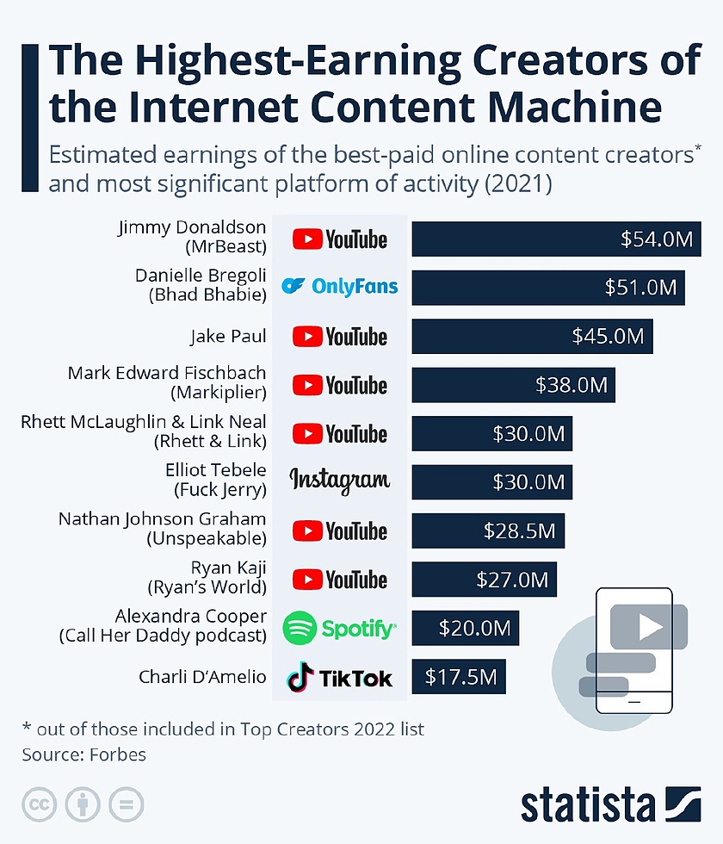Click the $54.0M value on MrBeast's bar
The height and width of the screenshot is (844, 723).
(x=657, y=239)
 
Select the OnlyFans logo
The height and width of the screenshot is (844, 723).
(x=340, y=287)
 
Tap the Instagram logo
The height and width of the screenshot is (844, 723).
(x=339, y=481)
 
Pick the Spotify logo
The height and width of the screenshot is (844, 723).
(x=339, y=629)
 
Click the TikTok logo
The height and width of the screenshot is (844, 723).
(x=339, y=677)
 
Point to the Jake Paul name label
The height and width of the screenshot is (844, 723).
(x=228, y=336)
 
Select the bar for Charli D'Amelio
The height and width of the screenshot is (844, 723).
(x=459, y=677)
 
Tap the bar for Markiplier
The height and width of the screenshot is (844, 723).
(x=513, y=385)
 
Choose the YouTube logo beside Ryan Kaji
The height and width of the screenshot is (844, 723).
(x=339, y=580)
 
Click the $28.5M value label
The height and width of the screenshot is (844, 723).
(x=518, y=531)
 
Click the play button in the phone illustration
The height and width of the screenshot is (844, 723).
(x=649, y=628)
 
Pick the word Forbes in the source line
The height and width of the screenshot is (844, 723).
(x=115, y=754)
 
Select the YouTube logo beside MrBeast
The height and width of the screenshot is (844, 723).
(x=339, y=239)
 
